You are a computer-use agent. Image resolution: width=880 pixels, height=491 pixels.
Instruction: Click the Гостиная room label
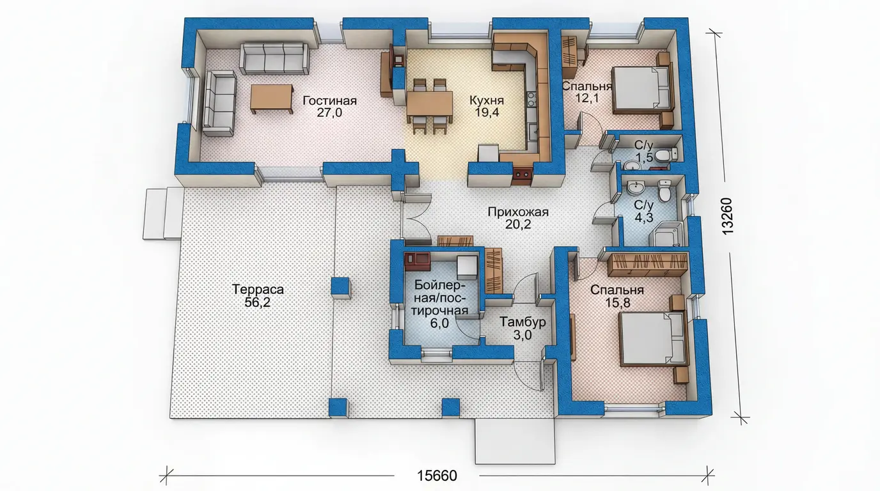point(329,101)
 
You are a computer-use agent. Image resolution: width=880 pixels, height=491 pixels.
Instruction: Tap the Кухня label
point(487,100)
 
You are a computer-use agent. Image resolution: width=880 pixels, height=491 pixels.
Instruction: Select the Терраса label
point(258,290)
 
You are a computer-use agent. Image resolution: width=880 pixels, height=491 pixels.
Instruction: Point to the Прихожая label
point(518,212)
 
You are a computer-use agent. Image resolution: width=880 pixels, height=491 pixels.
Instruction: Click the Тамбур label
point(522,322)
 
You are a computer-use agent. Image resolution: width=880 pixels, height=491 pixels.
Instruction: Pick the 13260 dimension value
point(728,216)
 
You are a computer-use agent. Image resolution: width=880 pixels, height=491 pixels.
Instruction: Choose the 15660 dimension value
point(437,476)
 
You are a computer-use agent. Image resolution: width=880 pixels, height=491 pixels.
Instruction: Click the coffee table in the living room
point(271,99)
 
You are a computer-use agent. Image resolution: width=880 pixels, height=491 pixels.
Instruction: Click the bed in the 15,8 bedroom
point(652,339)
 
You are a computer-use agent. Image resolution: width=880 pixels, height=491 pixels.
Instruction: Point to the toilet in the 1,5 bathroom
point(666,154)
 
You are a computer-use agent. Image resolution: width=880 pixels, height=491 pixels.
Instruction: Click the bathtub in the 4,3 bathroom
point(666,234)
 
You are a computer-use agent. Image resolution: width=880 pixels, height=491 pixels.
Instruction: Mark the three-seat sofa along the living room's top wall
point(274,59)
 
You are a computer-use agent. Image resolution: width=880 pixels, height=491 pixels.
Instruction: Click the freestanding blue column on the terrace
point(340,288)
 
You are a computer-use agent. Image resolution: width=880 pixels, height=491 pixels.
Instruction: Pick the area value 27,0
point(329,113)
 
